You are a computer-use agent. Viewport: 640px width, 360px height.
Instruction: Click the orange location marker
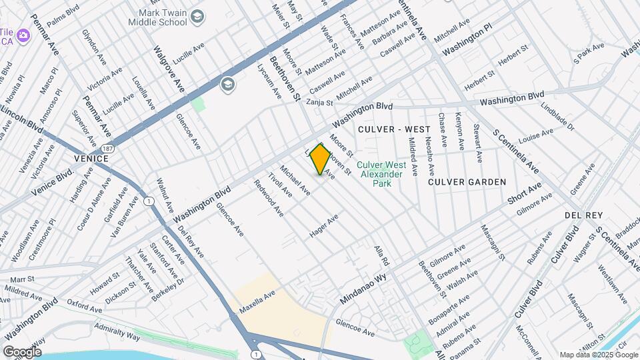pos(321,159)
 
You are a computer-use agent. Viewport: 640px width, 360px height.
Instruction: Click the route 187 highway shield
pos(109,147)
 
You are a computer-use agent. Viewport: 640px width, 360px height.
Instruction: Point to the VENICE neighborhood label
pos(91,159)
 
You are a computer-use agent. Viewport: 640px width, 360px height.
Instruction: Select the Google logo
pos(22,351)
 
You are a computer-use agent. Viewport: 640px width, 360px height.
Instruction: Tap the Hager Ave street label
pos(325,226)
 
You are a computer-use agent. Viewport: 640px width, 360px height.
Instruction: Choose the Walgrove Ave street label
pos(168,69)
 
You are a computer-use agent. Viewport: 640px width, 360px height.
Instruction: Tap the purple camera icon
pos(24,34)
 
